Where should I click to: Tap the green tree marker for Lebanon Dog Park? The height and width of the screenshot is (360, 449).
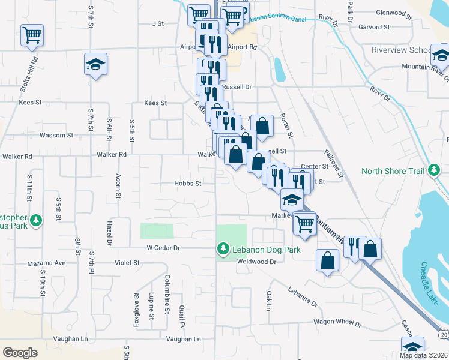point(223,248)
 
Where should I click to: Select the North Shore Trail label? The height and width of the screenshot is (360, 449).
point(394,171)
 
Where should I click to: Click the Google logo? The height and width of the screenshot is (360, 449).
point(20,352)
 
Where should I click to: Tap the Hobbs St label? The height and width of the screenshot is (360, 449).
point(187,183)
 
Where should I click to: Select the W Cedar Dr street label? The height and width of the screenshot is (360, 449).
point(164,247)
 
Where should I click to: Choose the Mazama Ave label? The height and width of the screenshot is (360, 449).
point(46,263)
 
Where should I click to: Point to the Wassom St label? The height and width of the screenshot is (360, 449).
point(56,136)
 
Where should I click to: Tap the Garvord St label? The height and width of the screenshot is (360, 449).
point(374,27)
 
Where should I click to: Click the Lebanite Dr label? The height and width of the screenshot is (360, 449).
point(302,300)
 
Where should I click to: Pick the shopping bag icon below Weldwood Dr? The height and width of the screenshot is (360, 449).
point(327,260)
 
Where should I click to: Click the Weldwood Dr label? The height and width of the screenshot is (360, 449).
point(256,262)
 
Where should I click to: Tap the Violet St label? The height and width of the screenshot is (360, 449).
point(127,263)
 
